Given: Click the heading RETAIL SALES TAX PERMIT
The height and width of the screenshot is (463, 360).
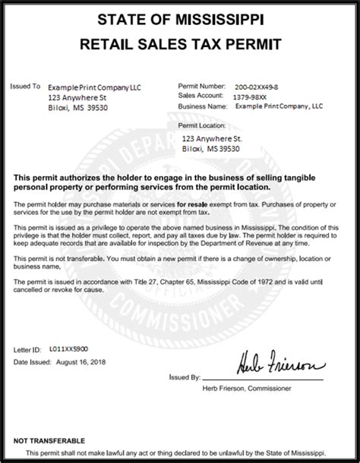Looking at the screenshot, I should tap(180, 45).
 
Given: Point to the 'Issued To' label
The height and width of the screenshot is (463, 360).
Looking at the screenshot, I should tap(26, 87).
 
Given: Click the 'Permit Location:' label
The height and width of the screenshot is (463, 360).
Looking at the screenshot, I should tap(202, 124).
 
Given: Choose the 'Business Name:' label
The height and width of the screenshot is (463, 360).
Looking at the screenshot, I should tap(203, 106).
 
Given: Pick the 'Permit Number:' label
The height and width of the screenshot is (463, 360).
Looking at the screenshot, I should tap(202, 87).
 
